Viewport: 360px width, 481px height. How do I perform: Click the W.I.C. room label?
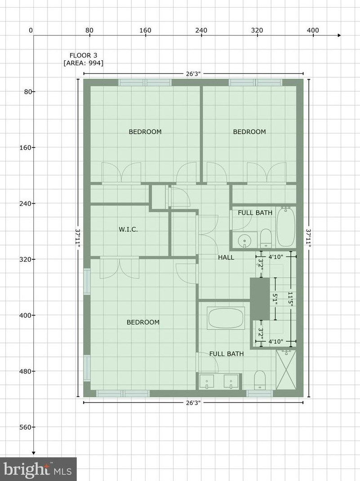[x=128, y=230]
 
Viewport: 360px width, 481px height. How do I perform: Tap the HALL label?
[x=226, y=258]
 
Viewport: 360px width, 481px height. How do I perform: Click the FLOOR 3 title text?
[x=83, y=55]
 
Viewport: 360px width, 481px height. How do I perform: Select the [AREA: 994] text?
[x=83, y=63]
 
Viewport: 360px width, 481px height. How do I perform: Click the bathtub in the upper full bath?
[x=285, y=227]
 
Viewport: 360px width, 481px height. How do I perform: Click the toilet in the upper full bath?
[x=266, y=238]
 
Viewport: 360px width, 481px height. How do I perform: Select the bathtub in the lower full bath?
[x=226, y=318]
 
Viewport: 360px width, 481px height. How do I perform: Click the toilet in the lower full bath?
[x=260, y=380]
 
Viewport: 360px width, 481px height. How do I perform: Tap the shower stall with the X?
[x=286, y=370]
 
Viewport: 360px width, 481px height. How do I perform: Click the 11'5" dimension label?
[x=291, y=299]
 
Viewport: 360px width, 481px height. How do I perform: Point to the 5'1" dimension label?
[x=276, y=299]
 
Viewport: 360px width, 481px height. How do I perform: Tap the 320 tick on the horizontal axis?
[x=257, y=31]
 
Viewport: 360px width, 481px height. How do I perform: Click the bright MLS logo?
[x=38, y=469]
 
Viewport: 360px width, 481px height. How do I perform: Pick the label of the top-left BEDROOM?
[x=145, y=132]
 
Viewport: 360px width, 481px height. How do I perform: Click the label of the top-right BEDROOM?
[x=249, y=132]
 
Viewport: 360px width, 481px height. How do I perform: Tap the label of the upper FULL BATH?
[x=255, y=213]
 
